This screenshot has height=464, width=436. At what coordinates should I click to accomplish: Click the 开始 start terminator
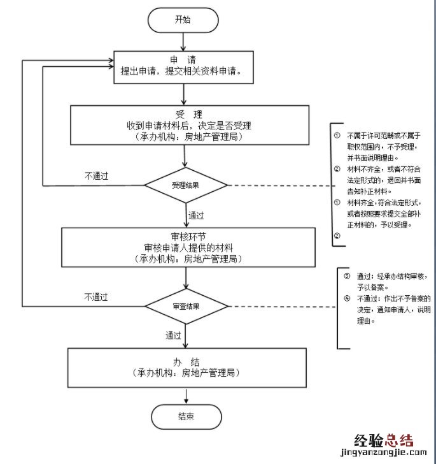[x=183, y=20]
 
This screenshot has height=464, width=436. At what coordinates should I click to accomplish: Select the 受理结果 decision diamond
[x=185, y=185]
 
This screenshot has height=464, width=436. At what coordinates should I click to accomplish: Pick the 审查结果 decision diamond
[x=185, y=306]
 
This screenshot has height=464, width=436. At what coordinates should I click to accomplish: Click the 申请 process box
[x=184, y=66]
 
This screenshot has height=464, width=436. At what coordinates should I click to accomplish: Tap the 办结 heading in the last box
[x=185, y=361]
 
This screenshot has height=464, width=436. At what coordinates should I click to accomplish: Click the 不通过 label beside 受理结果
[x=96, y=175]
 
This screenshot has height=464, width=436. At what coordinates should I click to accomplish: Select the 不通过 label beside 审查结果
[x=96, y=296]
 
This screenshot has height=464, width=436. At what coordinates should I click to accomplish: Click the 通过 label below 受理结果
[x=197, y=215]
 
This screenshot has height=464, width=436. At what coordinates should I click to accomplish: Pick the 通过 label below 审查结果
[x=173, y=335]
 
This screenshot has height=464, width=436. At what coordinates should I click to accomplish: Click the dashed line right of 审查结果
[x=280, y=306]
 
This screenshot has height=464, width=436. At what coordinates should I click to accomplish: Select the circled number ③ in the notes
[x=346, y=277]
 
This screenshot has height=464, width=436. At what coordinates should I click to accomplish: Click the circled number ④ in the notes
[x=346, y=298]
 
